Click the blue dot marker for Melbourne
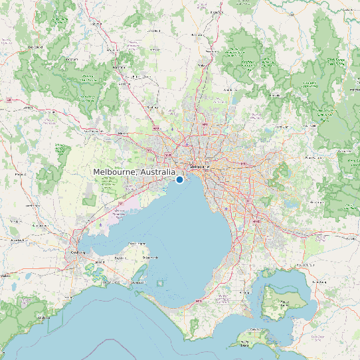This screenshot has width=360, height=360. pyautogui.click(x=179, y=179)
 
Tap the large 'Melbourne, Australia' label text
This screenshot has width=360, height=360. pyautogui.click(x=134, y=172)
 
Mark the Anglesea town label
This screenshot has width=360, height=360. pyautogui.click(x=45, y=317)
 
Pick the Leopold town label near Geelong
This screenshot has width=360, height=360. pyautogui.click(x=100, y=262)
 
